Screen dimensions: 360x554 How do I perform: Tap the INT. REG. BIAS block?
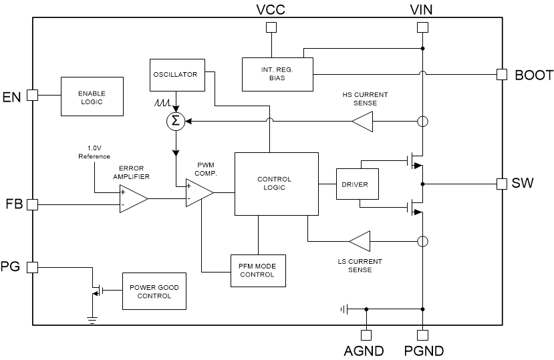tap(277, 73)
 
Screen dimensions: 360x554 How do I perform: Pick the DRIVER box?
tap(358, 184)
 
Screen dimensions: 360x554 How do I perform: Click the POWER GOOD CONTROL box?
tap(154, 291)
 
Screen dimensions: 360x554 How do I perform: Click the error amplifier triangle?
tap(132, 198)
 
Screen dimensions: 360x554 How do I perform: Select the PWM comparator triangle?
tap(198, 192)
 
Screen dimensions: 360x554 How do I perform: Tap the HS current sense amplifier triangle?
tap(362, 122)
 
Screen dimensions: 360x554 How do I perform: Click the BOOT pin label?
tap(533, 75)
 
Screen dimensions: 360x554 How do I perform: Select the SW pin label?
tap(523, 183)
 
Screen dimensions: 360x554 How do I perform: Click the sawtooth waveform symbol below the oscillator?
tap(163, 104)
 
